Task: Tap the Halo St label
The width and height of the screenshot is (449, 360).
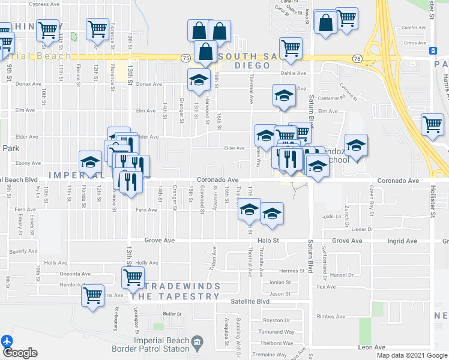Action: [269, 241]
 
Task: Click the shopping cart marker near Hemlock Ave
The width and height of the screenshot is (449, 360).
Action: [133, 277]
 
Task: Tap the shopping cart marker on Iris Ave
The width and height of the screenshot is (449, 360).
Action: [92, 295]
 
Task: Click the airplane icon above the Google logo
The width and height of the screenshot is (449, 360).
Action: [7, 341]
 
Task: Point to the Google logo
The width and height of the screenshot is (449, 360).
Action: [20, 353]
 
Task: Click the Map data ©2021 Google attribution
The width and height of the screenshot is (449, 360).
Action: [412, 355]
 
